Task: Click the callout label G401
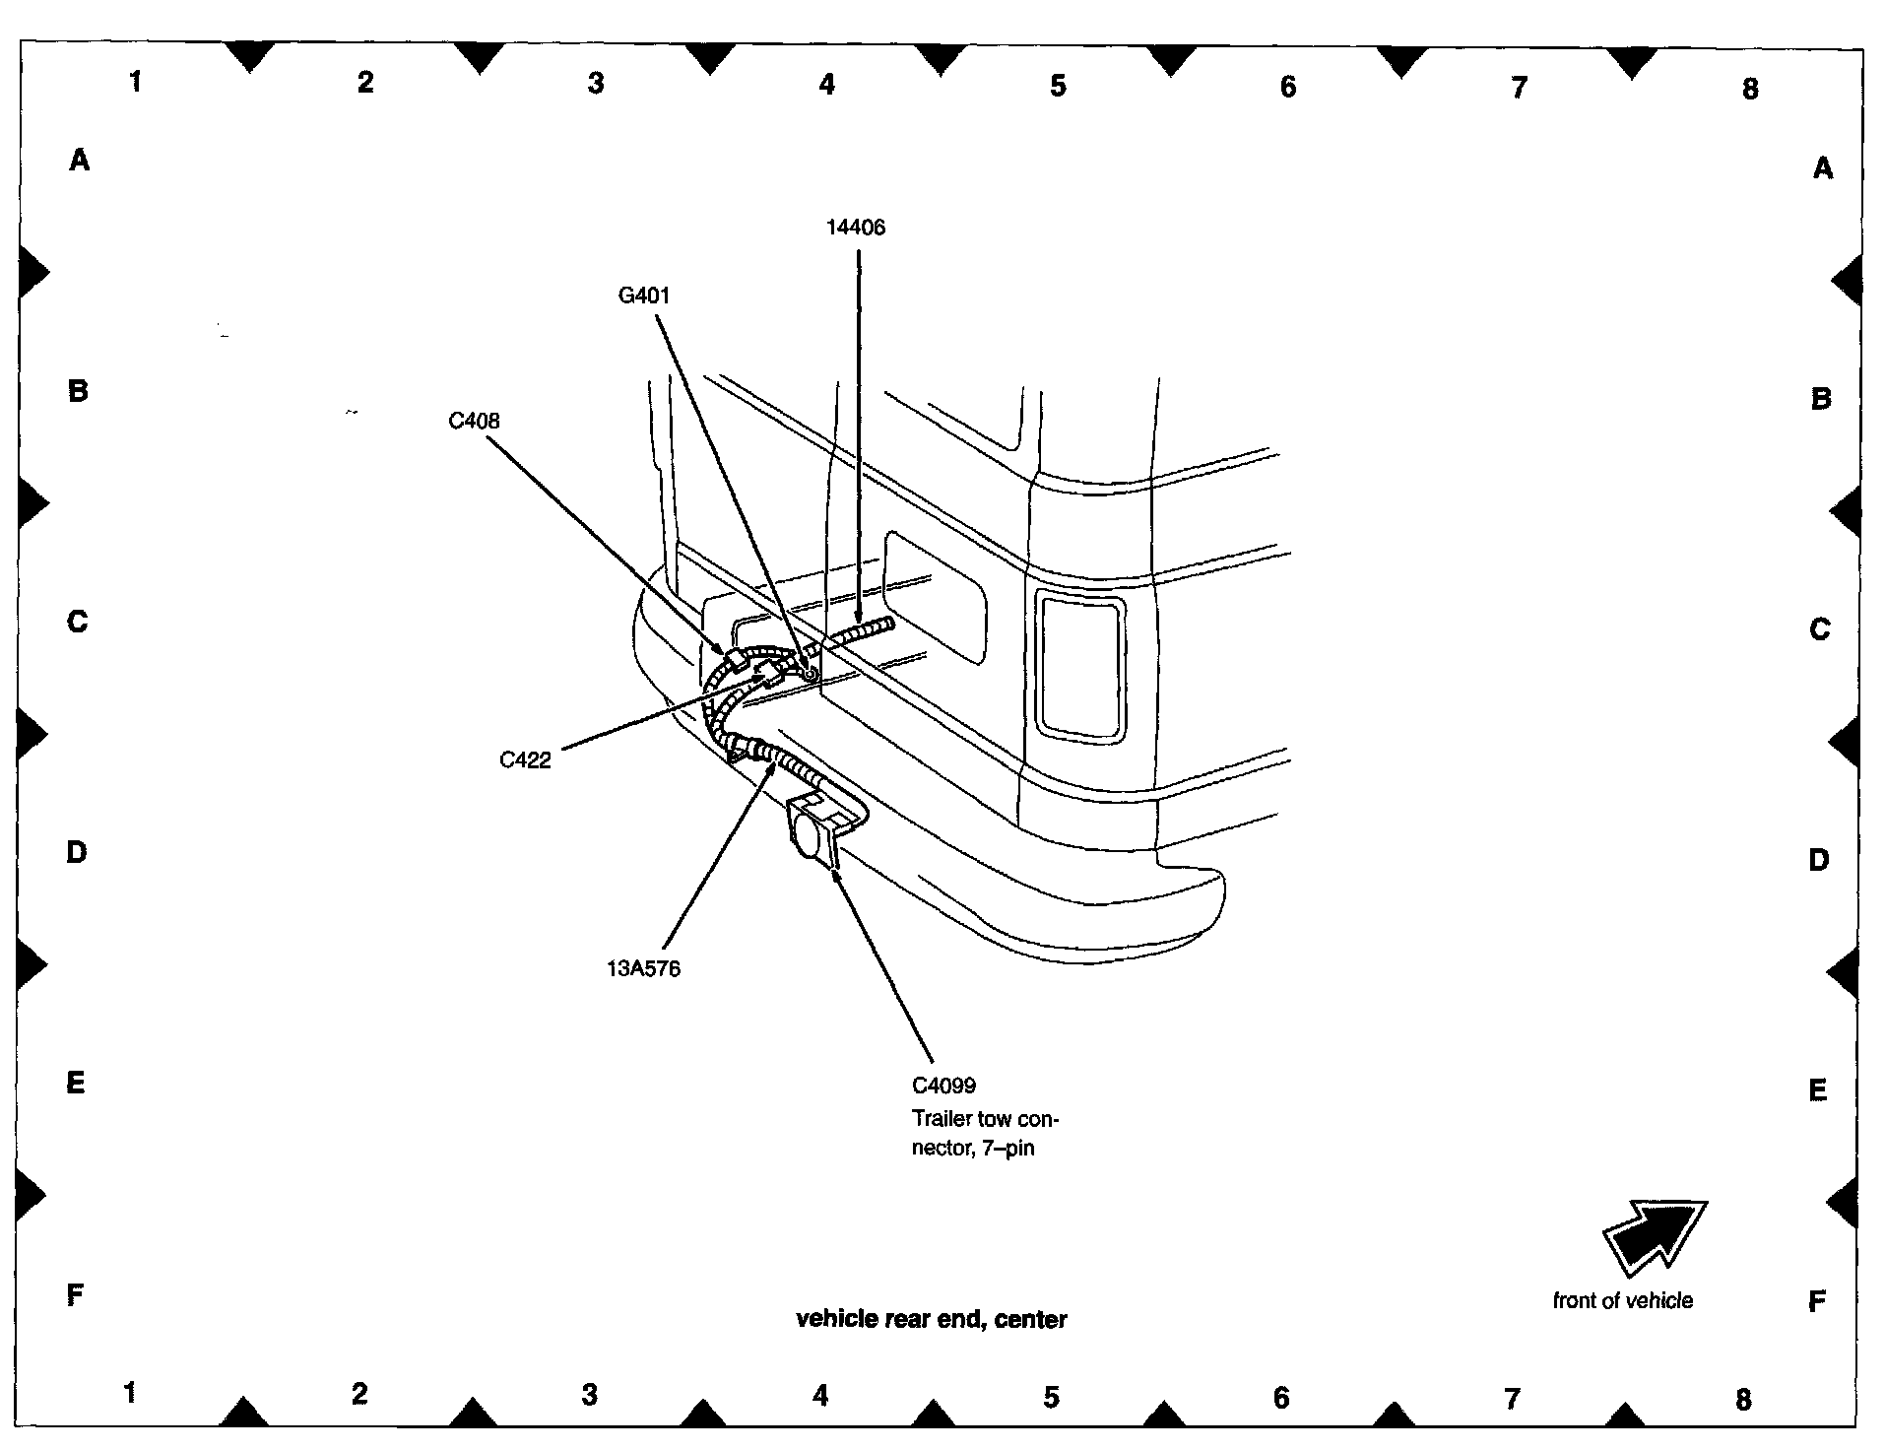[644, 296]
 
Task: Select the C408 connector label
[474, 422]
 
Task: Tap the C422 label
[525, 759]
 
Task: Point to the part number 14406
[855, 228]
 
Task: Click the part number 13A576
[643, 968]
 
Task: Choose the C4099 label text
[943, 1086]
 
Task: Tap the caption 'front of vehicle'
[1622, 1300]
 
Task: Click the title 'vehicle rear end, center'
[931, 1319]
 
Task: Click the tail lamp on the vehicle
[1079, 668]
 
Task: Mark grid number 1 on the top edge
[135, 81]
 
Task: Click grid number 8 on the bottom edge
[1743, 1399]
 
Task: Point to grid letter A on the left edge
[79, 160]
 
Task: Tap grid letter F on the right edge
[1817, 1302]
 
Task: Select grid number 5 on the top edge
[1057, 86]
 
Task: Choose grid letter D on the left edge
[77, 852]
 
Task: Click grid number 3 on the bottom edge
[589, 1395]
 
